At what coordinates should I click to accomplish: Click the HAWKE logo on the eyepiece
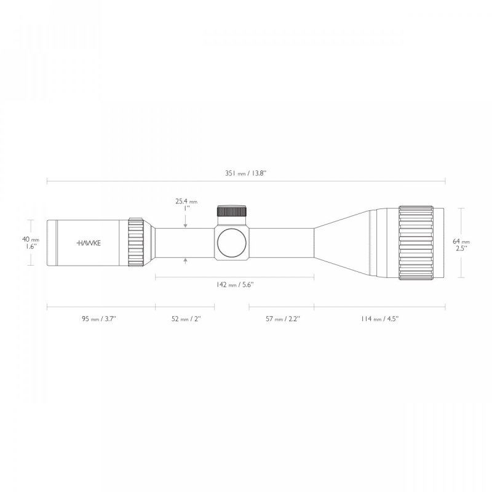[90, 243]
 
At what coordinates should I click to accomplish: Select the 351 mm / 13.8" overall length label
[246, 173]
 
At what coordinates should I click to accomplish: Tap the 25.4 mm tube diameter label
[186, 201]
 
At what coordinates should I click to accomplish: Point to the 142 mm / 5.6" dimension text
[234, 285]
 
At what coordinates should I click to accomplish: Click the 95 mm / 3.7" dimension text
[100, 319]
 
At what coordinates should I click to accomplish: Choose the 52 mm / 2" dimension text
[184, 319]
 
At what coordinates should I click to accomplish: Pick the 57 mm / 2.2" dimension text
[282, 319]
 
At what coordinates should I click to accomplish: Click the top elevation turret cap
[232, 211]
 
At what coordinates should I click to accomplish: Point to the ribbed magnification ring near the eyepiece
[136, 242]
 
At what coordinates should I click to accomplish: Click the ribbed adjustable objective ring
[421, 242]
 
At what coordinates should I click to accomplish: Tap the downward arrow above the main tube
[186, 225]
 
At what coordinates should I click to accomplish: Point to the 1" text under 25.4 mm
[186, 208]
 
